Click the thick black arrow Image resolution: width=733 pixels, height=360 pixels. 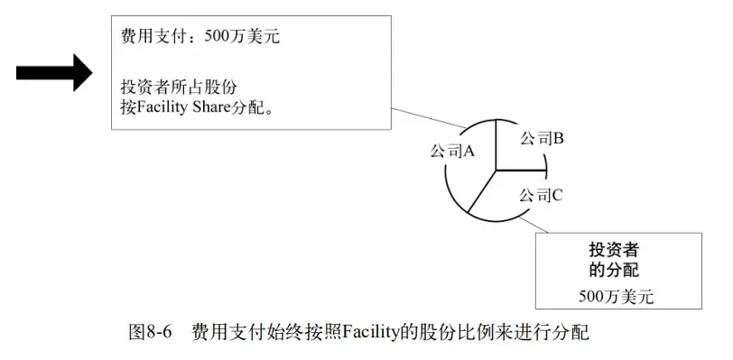(54, 70)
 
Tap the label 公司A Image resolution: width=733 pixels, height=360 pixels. (452, 151)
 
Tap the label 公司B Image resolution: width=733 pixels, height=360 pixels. (543, 138)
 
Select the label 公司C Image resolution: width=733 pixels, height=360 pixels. (542, 194)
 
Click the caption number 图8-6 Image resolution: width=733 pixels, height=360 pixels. (151, 333)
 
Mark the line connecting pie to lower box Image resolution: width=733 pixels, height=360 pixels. (534, 222)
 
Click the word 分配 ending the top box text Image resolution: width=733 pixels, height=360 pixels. (255, 106)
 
